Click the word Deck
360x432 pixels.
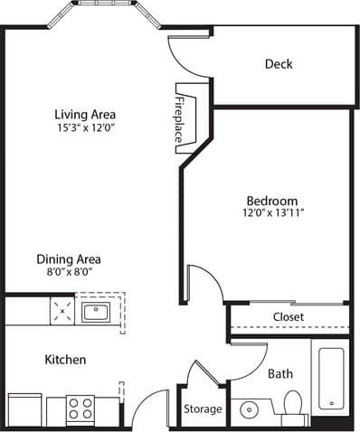pos(279,64)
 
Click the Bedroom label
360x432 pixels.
pos(272,201)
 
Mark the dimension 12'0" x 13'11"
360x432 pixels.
pos(272,214)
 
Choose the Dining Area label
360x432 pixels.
pos(69,258)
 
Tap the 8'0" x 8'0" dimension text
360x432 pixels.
pos(69,271)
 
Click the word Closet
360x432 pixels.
pos(288,317)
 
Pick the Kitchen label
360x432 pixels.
pos(66,360)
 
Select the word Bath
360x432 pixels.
pos(279,372)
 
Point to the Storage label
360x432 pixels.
pos(203,409)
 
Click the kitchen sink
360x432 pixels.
pos(94,313)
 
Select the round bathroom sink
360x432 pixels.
pos(248,410)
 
